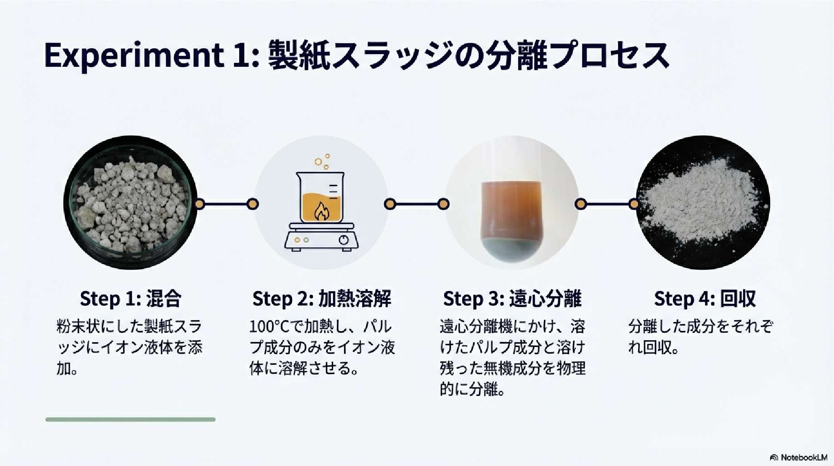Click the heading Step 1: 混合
pos(130,299)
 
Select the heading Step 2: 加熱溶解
pos(322,299)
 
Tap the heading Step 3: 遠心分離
pos(512,299)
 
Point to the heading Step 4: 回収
pos(704,299)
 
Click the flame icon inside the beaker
pos(321,211)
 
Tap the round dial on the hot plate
pos(344,240)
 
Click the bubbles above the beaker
pos(322,161)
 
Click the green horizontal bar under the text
pos(130,419)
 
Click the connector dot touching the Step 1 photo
pos(199,204)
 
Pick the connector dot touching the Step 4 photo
pos(634,204)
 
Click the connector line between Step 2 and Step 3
pos(416,204)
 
